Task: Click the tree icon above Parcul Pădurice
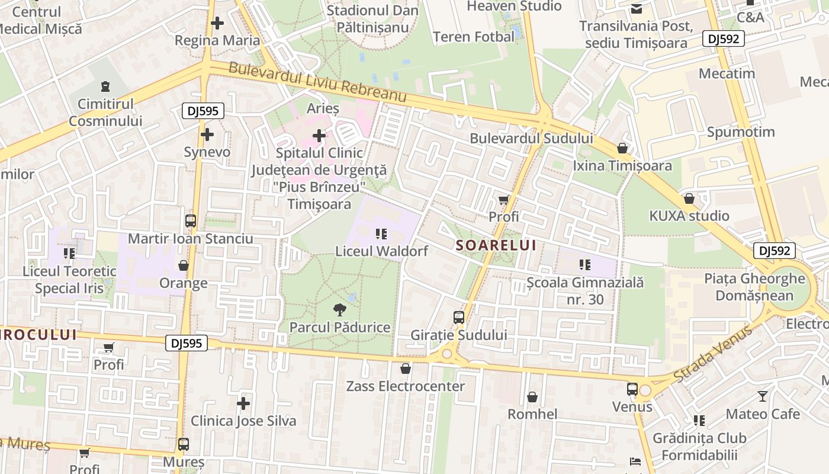(339, 309)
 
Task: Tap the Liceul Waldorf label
(381, 251)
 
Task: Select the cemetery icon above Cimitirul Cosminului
(105, 87)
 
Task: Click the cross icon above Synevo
(207, 134)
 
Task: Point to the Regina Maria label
(217, 40)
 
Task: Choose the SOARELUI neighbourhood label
(496, 245)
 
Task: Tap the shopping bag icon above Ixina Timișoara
(622, 148)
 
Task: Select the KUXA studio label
(689, 216)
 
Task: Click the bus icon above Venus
(632, 389)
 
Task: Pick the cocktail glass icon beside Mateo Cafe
(762, 396)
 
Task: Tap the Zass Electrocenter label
(406, 386)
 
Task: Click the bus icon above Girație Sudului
(459, 318)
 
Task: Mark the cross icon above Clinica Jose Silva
(243, 403)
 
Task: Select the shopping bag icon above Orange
(184, 265)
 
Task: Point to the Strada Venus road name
(713, 354)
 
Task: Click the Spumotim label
(741, 132)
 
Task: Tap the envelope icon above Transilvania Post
(636, 8)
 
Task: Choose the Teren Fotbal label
(474, 37)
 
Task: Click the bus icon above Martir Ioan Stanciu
(191, 221)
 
